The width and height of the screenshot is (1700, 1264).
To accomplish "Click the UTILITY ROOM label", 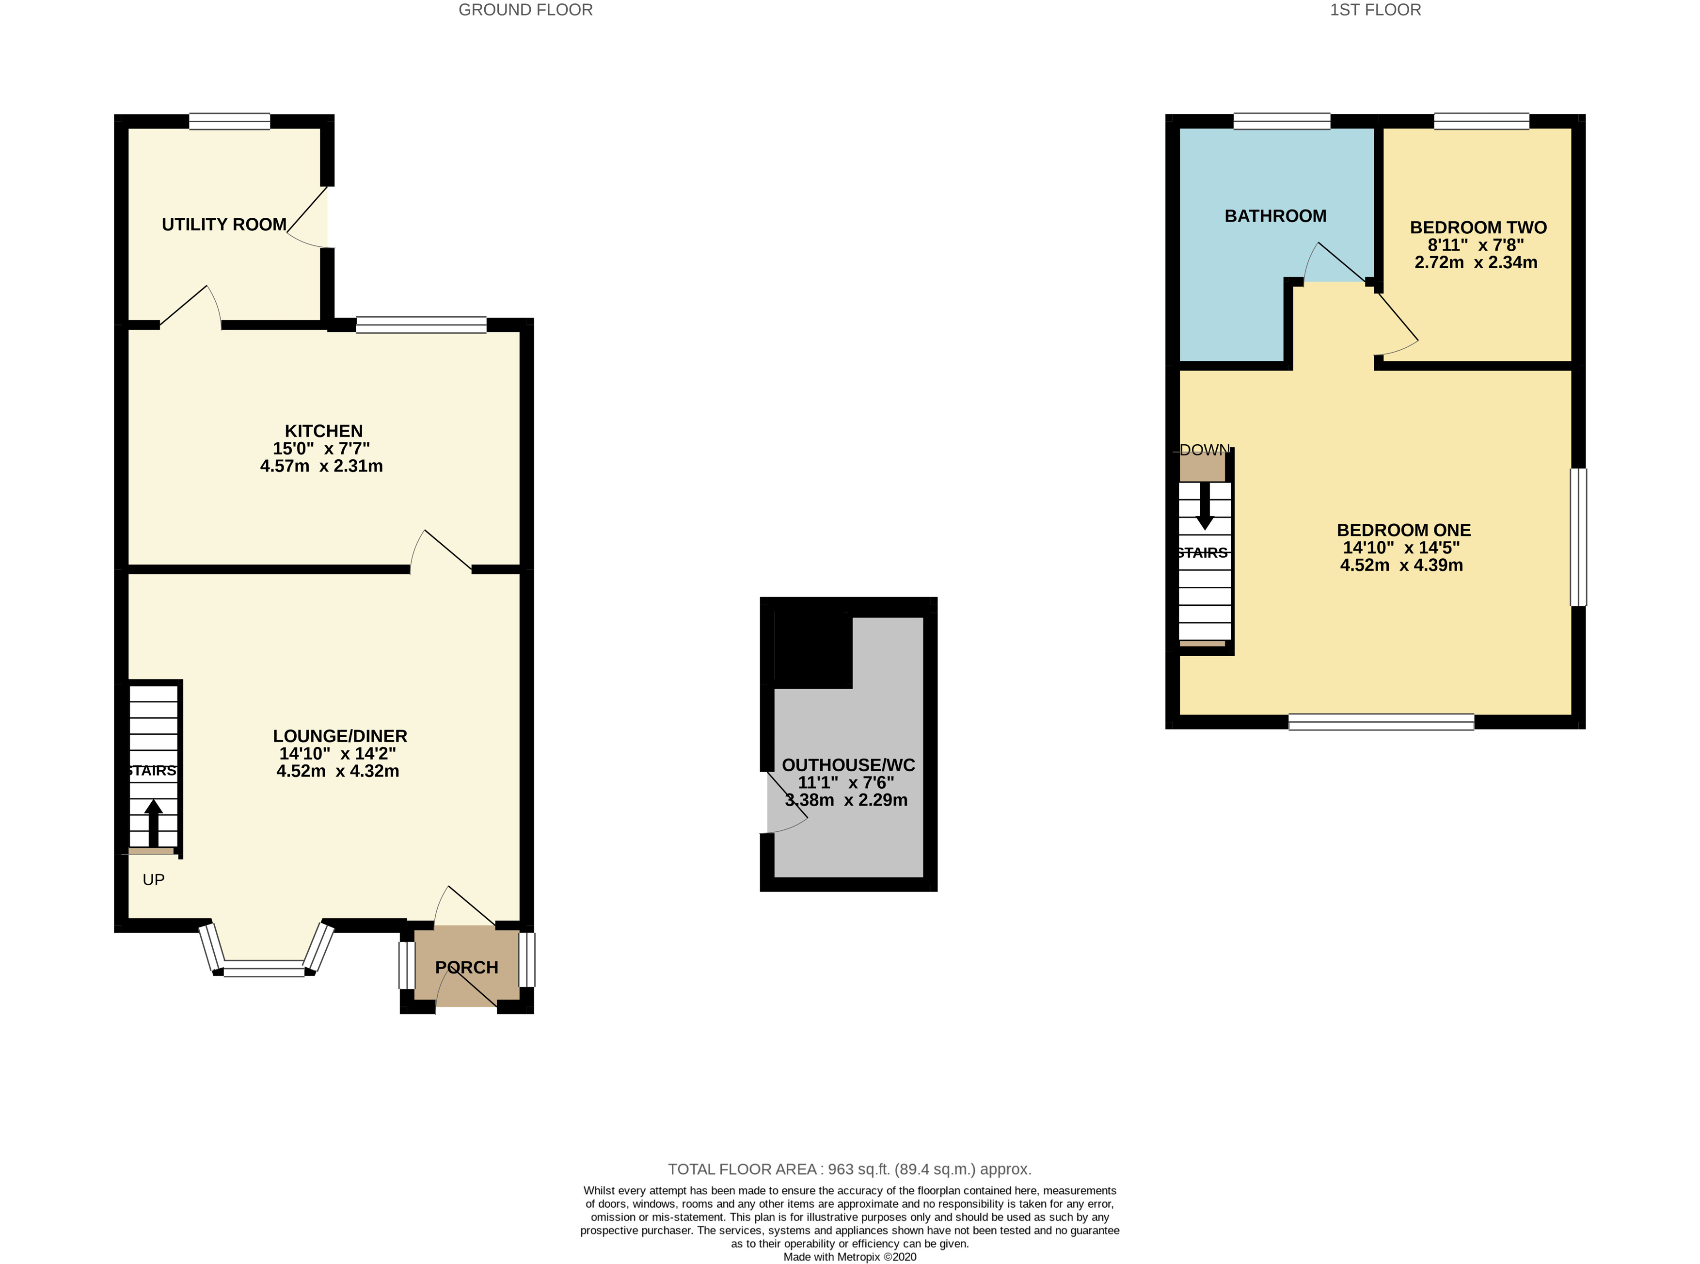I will pos(223,224).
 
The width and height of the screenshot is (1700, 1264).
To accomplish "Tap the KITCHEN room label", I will pos(323,431).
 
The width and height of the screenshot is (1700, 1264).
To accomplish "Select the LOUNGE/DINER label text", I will pos(339,736).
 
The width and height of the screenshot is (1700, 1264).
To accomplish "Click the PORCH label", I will pos(466,967).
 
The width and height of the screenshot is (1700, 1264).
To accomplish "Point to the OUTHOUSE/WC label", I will pos(848,765).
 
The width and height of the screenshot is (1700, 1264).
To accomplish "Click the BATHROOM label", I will pos(1275,216).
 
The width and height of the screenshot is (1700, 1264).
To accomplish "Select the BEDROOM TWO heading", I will pos(1478,227).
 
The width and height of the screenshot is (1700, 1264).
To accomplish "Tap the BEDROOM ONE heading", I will pos(1403,530).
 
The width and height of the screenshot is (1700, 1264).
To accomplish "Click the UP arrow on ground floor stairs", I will pos(153,823).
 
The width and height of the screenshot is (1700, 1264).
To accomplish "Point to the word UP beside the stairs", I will pos(153,880).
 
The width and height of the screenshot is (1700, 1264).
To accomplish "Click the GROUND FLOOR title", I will pos(525,10).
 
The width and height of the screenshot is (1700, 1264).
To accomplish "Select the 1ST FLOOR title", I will pos(1375,10).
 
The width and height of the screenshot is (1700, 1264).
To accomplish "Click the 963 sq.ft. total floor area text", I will pos(849,1169).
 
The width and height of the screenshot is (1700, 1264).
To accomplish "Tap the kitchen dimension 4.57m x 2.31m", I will pos(321,466).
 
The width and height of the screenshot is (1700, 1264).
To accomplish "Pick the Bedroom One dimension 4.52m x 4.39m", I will pos(1401,566).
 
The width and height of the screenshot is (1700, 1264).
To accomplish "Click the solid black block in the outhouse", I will pos(812,650).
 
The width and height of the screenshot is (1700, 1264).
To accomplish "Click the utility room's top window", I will pos(229,121).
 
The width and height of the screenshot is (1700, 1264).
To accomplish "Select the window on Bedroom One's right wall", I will pos(1578,537).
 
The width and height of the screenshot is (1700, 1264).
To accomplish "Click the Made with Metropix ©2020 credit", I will pos(849,1256).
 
